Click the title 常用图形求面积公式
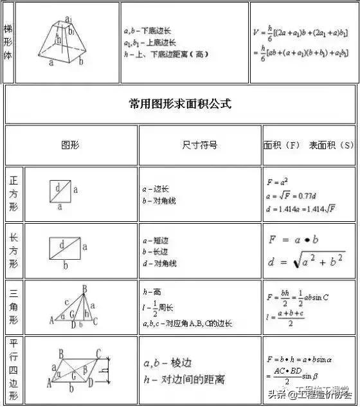[x=180, y=104]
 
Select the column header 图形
[x=70, y=145]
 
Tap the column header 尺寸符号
[x=200, y=145]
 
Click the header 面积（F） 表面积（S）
[x=309, y=145]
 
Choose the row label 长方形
[x=14, y=251]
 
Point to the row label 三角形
[x=14, y=307]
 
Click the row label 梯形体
[x=8, y=42]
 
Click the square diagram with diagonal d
[x=60, y=191]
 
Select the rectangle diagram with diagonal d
[x=65, y=247]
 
